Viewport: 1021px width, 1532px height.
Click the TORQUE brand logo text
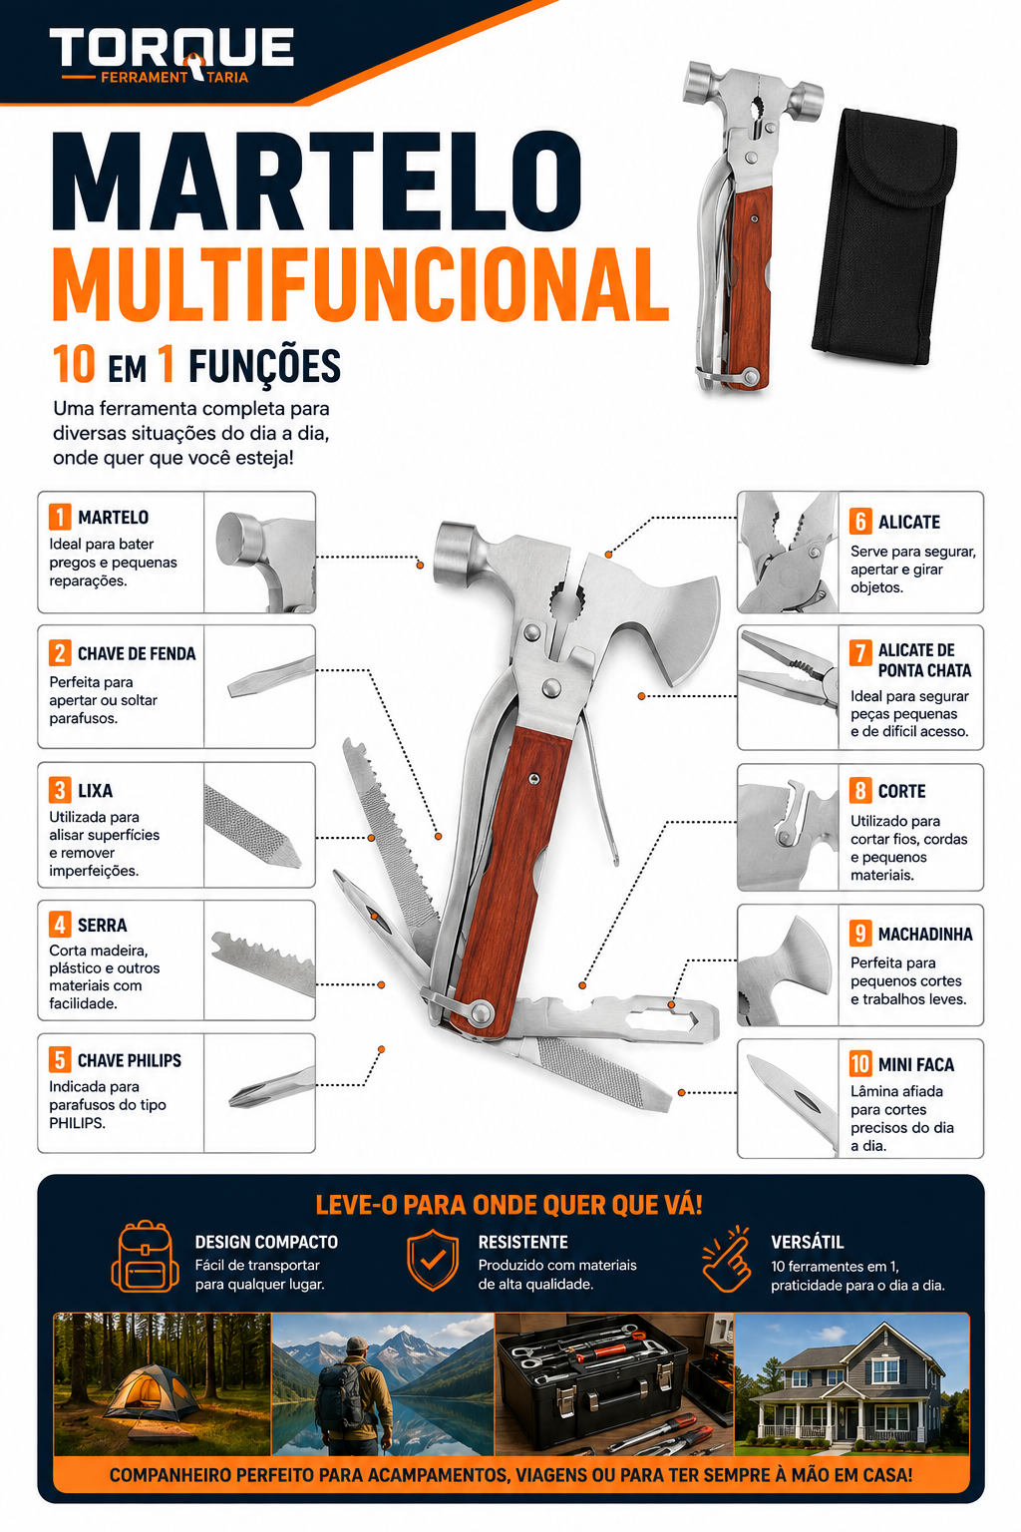tap(171, 48)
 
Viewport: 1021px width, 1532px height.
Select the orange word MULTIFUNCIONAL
tap(360, 283)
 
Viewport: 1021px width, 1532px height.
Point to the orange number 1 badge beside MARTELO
tap(60, 517)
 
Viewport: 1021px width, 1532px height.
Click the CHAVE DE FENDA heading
tap(137, 654)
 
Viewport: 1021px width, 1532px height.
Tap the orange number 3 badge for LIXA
tap(60, 790)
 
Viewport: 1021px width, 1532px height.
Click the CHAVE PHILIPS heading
tap(130, 1060)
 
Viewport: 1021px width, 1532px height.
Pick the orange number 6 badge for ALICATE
tap(860, 522)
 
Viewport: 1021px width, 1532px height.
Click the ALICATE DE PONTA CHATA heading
tap(924, 660)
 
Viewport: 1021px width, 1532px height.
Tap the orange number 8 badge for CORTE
tap(860, 791)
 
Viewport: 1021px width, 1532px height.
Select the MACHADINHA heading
tap(924, 935)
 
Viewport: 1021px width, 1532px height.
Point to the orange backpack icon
tap(146, 1257)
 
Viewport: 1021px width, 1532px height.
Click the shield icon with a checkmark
tap(433, 1259)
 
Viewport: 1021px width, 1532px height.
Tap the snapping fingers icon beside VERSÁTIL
tap(727, 1259)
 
